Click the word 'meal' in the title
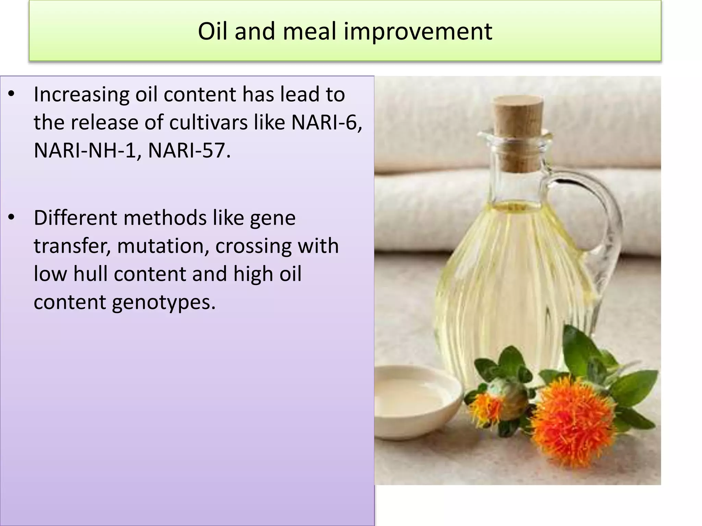(x=309, y=31)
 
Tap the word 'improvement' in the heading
(x=418, y=31)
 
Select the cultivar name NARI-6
(x=326, y=122)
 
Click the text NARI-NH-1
(x=87, y=150)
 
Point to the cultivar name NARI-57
(x=189, y=150)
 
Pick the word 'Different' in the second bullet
(x=75, y=218)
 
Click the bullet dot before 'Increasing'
(x=11, y=94)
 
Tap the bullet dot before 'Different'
(x=11, y=217)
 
